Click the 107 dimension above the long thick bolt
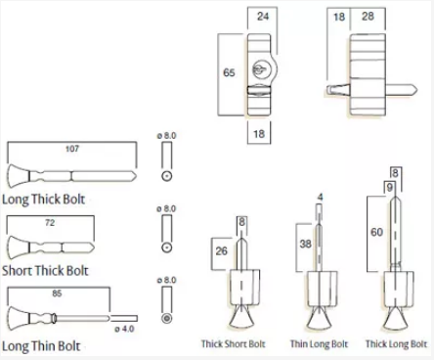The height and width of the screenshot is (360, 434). tap(72, 149)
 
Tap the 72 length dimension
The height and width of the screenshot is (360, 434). tap(50, 223)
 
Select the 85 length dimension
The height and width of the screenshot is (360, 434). tap(57, 293)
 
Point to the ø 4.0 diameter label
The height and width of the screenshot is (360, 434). tap(124, 329)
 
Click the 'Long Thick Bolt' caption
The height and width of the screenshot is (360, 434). tap(43, 200)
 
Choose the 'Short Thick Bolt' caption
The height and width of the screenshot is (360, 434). tap(45, 271)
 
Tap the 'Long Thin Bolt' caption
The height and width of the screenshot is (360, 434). tap(41, 346)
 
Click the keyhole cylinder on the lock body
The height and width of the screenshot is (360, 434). tap(259, 70)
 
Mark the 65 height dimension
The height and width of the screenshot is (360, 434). tap(229, 72)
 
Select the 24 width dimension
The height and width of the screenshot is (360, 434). tap(263, 17)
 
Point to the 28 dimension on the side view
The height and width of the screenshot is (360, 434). tap(368, 17)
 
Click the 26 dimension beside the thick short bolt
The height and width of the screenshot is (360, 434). tap(222, 250)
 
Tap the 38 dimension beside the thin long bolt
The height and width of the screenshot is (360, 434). tap(305, 244)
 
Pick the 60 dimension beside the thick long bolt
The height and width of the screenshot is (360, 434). tap(376, 232)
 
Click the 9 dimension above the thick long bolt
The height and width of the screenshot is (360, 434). tap(389, 187)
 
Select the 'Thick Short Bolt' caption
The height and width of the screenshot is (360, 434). tap(234, 344)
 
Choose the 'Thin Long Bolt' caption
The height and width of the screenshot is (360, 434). tap(320, 344)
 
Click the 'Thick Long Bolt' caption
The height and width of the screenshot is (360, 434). tap(396, 344)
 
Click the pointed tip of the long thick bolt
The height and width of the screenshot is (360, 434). tap(136, 176)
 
